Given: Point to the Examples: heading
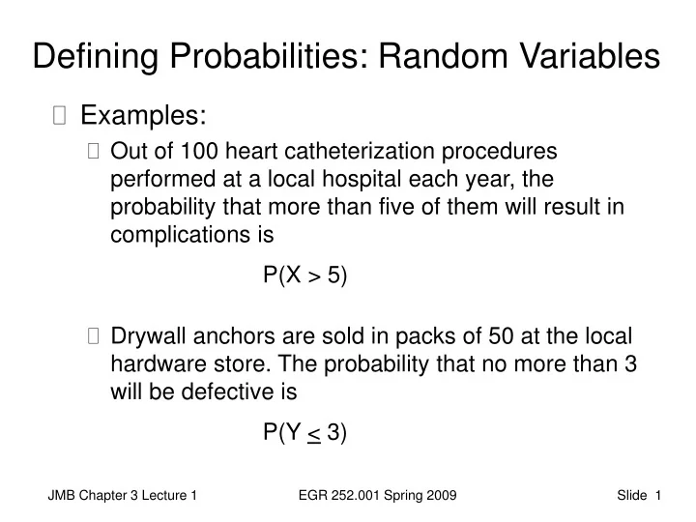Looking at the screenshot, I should click(143, 116).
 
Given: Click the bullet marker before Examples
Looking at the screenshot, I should click(61, 117).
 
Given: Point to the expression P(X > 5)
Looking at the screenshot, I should click(304, 275).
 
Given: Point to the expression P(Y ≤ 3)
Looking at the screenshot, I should click(304, 432).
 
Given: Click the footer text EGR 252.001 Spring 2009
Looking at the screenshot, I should click(379, 496).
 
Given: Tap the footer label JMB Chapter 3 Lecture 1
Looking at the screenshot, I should click(123, 496).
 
